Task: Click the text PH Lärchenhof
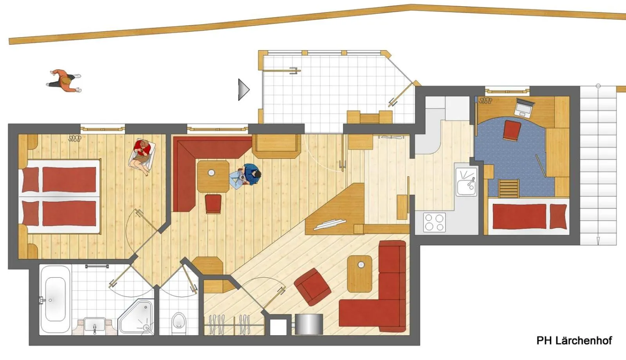(574, 340)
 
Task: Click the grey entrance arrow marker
(243, 89)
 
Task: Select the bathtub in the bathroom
(55, 299)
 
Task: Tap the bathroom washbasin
(95, 325)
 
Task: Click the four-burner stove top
(435, 222)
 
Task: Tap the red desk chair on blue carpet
(512, 130)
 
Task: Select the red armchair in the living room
(312, 287)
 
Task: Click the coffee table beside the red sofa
(359, 274)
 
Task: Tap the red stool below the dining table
(213, 204)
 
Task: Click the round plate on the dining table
(211, 172)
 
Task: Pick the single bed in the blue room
(528, 216)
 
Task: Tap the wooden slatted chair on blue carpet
(509, 189)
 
